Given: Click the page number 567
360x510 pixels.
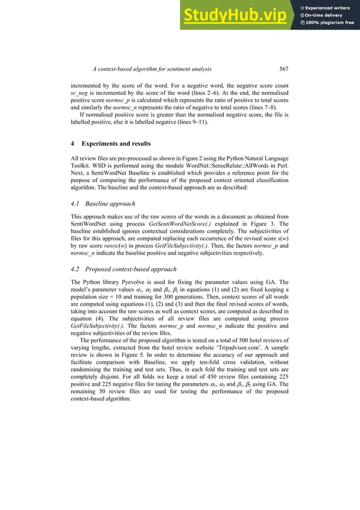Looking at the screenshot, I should coord(284,69).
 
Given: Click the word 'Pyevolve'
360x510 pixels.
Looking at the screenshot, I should coord(121,281).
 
